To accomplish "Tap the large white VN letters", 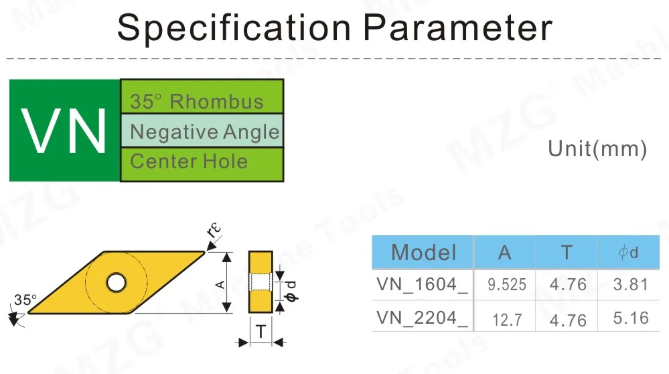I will coord(65,130).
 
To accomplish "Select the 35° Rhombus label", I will coord(197,102).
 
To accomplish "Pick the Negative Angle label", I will coord(204,131).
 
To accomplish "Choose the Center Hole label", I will coord(189,162).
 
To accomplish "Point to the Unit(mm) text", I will coord(597,149).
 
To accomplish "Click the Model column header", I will coord(423,252).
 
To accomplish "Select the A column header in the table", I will coord(505,252).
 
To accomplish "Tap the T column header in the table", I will coord(567,252).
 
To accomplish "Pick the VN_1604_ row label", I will coord(422,284).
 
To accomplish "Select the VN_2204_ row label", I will coord(422,318).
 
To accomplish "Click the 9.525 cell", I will coord(506,285).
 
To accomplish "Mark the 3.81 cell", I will coord(631,284).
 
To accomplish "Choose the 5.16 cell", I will coord(631,318).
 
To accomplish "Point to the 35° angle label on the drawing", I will coord(25,300).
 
